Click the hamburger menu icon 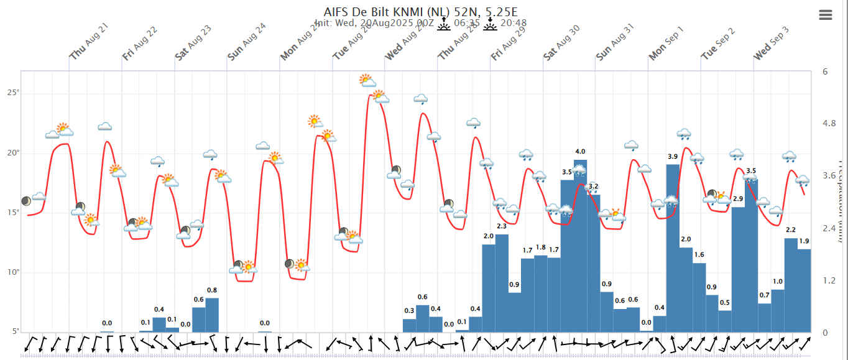[826, 16]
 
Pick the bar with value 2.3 [502, 283]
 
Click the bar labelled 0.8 [212, 315]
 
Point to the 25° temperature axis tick [13, 93]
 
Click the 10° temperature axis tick [13, 272]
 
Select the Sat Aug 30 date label [561, 44]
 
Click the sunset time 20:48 [514, 24]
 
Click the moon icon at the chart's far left [25, 201]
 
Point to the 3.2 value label [593, 187]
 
